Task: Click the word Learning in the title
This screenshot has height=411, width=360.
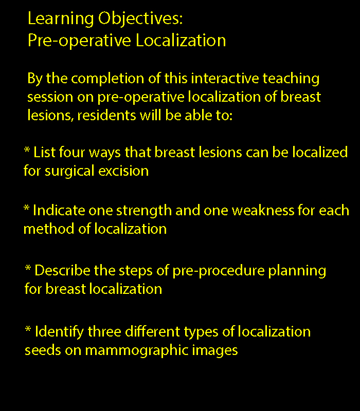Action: pyautogui.click(x=61, y=19)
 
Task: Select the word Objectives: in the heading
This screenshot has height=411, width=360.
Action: pyautogui.click(x=140, y=19)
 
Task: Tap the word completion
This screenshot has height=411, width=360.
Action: pyautogui.click(x=107, y=79)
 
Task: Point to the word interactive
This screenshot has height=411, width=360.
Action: pyautogui.click(x=225, y=78)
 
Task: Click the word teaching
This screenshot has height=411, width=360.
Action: pyautogui.click(x=291, y=79)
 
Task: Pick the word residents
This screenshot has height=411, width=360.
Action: pyautogui.click(x=106, y=115)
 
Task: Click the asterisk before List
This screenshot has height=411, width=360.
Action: pyautogui.click(x=27, y=150)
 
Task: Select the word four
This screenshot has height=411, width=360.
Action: pyautogui.click(x=72, y=152)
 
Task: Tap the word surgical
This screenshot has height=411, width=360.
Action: pyautogui.click(x=69, y=172)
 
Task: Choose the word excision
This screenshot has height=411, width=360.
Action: pyautogui.click(x=123, y=171)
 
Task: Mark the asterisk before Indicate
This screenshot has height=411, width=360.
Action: pyautogui.click(x=26, y=208)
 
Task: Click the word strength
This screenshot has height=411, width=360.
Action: pyautogui.click(x=144, y=211)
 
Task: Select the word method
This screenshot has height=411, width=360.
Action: pyautogui.click(x=49, y=229)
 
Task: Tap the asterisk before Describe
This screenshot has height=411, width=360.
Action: pyautogui.click(x=28, y=268)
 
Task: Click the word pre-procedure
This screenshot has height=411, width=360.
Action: pyautogui.click(x=218, y=271)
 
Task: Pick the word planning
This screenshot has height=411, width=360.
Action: pyautogui.click(x=297, y=271)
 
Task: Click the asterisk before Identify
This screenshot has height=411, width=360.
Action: pyautogui.click(x=28, y=329)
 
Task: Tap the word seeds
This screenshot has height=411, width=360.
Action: pyautogui.click(x=43, y=350)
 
